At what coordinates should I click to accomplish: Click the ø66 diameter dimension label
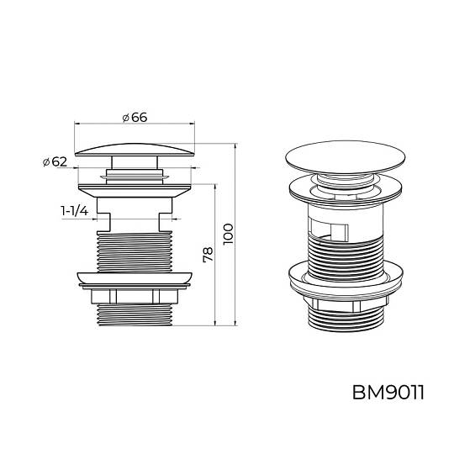click(x=135, y=117)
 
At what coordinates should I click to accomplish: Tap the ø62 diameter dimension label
click(x=55, y=162)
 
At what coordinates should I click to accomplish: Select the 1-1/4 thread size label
click(x=75, y=211)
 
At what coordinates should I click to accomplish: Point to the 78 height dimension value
click(x=209, y=255)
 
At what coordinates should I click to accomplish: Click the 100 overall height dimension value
click(x=228, y=234)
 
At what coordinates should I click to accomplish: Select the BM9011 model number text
click(x=388, y=393)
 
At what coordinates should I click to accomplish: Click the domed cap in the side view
click(x=135, y=150)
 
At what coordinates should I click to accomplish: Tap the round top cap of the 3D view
click(x=346, y=158)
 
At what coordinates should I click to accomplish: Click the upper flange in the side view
click(x=135, y=191)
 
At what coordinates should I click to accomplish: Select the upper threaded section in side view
click(x=135, y=252)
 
